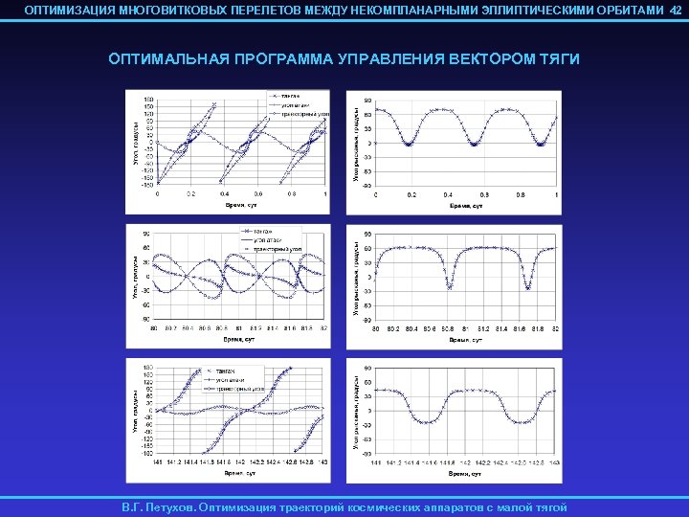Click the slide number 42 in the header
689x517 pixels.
pos(676,10)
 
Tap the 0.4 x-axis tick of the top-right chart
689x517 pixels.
pos(448,194)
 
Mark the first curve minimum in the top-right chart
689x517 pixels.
pos(409,145)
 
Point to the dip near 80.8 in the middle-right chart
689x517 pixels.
pos(448,286)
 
